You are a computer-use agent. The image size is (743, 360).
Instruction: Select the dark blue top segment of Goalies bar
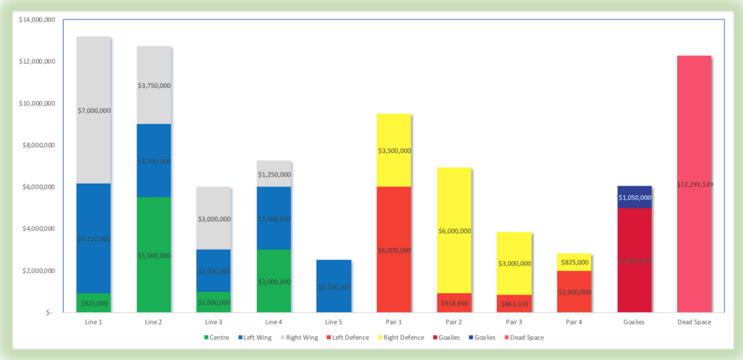tap(635, 197)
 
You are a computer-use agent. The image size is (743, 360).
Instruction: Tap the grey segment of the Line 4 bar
tap(274, 173)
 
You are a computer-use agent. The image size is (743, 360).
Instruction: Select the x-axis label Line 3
tap(213, 322)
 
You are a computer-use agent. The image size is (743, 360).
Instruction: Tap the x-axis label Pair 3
tap(514, 322)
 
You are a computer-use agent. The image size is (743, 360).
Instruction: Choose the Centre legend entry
tap(218, 337)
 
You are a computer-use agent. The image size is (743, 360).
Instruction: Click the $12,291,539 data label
tap(694, 184)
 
